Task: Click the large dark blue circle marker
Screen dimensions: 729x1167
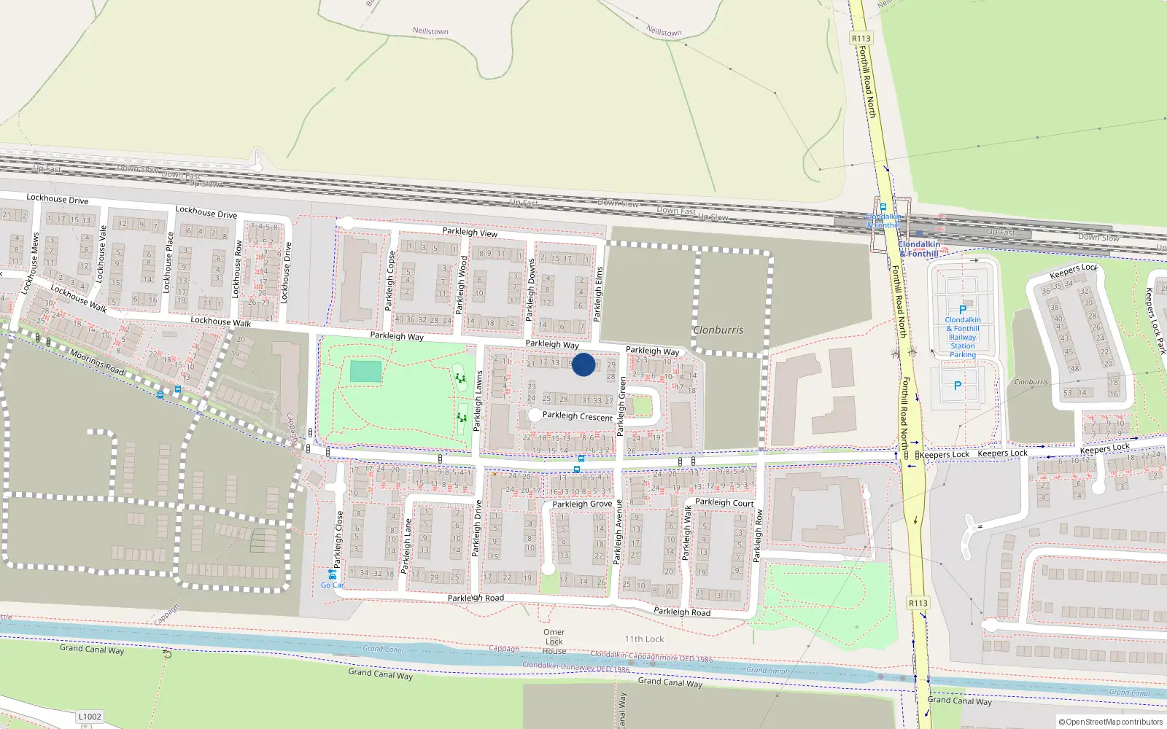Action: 583,364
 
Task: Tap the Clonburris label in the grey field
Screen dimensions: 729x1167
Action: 718,330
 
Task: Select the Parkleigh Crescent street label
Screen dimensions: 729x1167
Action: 578,416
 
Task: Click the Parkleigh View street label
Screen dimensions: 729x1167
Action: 470,233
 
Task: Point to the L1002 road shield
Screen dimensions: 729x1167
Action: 90,717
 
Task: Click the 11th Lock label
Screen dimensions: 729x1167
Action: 644,639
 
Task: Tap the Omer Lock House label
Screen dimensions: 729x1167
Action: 554,642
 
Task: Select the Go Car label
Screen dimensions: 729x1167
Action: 332,585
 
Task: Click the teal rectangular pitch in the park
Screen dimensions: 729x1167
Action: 365,372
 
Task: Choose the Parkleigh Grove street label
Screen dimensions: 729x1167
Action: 582,504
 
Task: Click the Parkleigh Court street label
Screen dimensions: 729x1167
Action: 724,502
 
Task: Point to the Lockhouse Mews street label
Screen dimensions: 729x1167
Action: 31,263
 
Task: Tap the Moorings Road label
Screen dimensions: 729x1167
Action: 97,362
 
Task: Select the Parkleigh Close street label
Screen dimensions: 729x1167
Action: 338,539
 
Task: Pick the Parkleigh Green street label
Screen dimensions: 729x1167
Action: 622,407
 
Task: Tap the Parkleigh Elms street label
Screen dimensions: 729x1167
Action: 599,294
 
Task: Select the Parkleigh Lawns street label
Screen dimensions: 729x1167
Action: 479,401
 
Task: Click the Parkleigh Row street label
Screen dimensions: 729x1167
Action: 757,536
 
